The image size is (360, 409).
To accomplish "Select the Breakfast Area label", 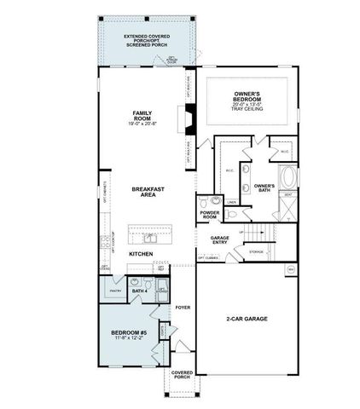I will [142, 191].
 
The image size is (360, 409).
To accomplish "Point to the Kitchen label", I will [141, 254].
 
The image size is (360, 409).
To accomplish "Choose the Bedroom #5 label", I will [128, 333].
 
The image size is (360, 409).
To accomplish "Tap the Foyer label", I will [182, 306].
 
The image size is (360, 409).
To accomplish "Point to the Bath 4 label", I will [140, 291].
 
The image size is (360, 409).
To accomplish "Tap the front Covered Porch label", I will [182, 375].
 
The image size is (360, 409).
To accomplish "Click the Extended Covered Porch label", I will [146, 41].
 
